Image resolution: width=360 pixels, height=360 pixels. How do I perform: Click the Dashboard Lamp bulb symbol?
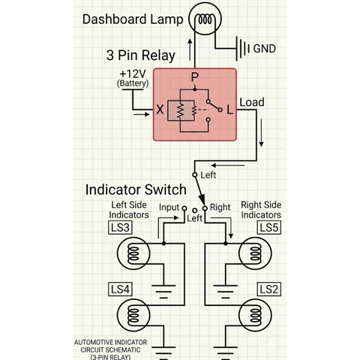205,19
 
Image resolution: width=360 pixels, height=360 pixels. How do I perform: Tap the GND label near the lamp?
265,49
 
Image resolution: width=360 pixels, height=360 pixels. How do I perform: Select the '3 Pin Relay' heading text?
141,55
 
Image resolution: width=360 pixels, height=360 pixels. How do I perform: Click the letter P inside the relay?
195,77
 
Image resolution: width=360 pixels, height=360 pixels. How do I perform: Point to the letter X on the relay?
160,109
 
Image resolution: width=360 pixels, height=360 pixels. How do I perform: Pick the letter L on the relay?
229,109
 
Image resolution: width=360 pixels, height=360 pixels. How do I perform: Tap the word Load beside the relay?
252,102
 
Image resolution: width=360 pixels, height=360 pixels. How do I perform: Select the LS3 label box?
120,227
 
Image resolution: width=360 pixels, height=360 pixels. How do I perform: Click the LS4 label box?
120,289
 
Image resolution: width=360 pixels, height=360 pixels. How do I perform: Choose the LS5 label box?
269,227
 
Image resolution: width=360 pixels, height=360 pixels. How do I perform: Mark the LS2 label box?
269,289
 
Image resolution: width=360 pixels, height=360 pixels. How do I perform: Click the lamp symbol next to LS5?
255,253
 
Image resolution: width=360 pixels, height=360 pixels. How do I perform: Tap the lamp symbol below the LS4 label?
133,315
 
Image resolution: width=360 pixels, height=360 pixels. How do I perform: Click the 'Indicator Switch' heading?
136,190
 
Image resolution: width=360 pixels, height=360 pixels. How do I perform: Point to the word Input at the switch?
169,207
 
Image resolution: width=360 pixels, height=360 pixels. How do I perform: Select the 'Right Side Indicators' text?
261,210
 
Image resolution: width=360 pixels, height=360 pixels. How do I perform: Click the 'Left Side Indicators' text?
129,210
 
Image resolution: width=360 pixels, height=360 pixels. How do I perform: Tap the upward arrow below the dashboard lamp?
190,49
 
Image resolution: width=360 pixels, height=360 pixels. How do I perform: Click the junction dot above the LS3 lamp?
163,243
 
